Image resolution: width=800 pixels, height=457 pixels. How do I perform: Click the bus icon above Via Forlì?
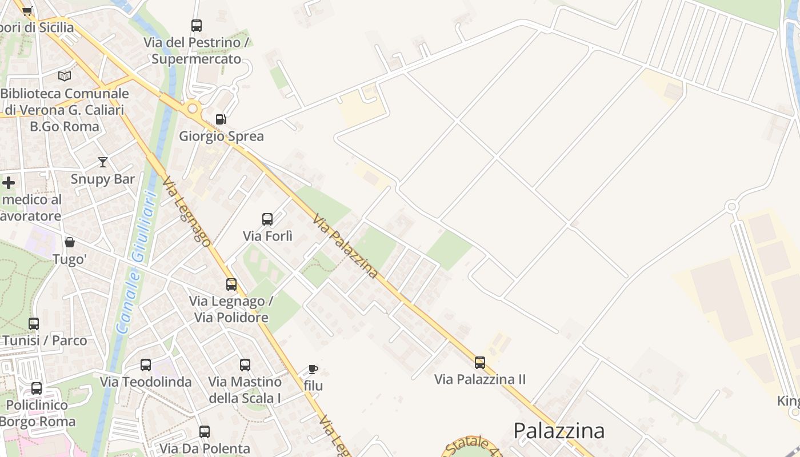[267, 219]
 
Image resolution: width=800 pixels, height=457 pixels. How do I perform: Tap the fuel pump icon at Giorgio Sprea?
[221, 119]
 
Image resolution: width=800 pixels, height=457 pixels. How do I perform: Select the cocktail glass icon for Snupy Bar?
[103, 162]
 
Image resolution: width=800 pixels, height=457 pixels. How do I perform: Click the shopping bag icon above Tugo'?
[70, 242]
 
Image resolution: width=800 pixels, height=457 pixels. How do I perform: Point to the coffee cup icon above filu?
[313, 369]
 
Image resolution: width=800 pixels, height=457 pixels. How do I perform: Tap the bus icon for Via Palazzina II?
[480, 362]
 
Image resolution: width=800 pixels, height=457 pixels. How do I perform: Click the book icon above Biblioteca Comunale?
[65, 76]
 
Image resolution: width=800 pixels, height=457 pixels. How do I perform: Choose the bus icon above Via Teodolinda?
[146, 364]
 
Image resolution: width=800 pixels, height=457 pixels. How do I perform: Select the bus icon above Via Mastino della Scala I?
[245, 364]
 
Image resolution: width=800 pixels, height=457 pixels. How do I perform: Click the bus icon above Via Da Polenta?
[205, 432]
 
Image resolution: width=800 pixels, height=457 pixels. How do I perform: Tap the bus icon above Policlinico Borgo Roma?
[37, 388]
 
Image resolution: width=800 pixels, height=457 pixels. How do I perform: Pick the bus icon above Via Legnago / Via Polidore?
[231, 284]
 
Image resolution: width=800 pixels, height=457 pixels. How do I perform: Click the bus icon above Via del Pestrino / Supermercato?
[197, 26]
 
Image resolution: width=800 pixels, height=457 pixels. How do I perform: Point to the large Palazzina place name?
[559, 431]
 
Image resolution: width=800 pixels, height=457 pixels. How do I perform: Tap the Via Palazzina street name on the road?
[346, 246]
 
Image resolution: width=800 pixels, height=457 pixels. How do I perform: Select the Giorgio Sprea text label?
[222, 137]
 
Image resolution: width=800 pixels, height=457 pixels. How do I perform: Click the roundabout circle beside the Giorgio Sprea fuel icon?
[193, 108]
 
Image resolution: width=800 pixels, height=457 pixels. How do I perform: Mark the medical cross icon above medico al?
[9, 183]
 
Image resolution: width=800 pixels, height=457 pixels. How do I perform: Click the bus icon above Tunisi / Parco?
[34, 324]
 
